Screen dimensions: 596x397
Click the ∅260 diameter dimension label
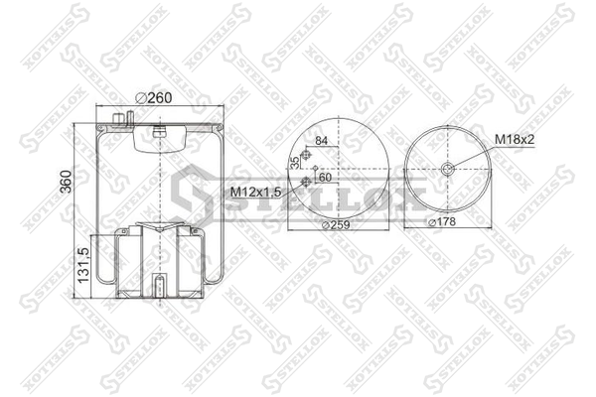pos(154,98)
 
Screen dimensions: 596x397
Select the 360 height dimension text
pos(66,182)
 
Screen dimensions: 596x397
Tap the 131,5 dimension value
pos(83,265)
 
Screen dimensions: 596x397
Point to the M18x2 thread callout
pos(515,139)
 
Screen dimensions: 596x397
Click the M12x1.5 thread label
pos(256,192)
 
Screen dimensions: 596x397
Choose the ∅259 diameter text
pos(336,225)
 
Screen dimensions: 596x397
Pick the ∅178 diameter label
pos(442,221)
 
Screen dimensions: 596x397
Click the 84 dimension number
pos(322,141)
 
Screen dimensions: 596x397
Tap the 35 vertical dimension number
pos(295,162)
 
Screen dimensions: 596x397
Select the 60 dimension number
pos(325,177)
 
